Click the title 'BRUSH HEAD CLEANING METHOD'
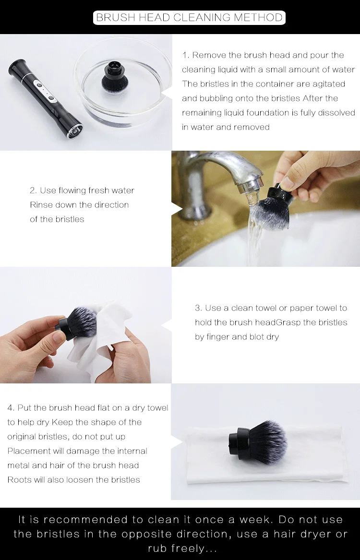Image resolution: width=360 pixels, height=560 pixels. (x=189, y=17)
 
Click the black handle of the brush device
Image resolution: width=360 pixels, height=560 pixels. (x=45, y=99)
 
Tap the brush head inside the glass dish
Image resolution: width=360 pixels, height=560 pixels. (x=116, y=76)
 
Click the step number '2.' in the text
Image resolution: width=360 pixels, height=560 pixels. (x=33, y=191)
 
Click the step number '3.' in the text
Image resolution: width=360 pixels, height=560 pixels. (x=199, y=308)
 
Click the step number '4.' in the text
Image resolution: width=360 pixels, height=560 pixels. (x=11, y=408)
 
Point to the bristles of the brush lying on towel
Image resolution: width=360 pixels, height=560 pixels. (x=267, y=441)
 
